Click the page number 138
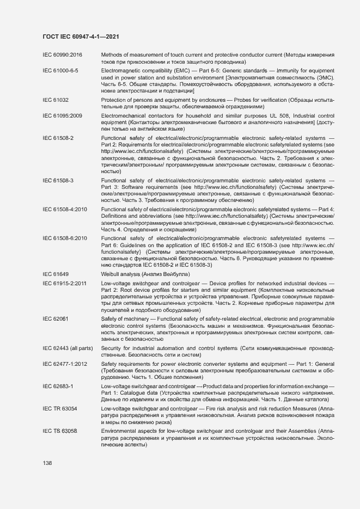47,463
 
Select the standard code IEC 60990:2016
62,56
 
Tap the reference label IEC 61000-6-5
60,71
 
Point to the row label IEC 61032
56,100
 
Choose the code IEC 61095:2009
62,116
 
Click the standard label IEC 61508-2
58,138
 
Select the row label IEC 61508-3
58,180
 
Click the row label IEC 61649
56,275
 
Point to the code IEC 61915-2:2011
65,284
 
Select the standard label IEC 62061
56,318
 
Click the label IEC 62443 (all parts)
68,347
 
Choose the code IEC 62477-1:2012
65,364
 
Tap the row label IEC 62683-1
58,386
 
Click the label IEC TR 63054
60,408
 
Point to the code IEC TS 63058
60,431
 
